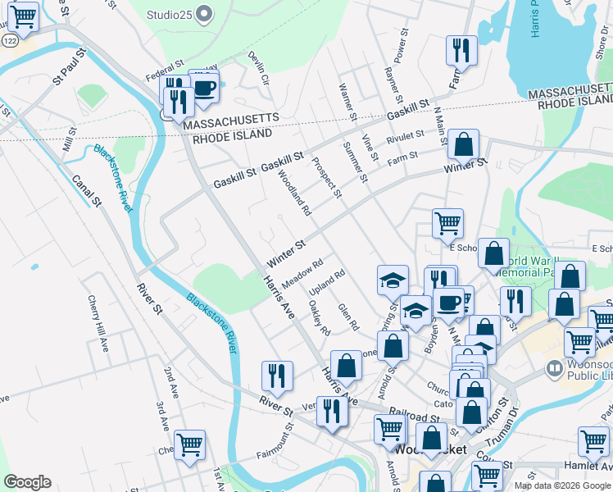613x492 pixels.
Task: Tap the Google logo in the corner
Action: click(27, 482)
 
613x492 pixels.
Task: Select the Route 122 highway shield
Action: click(9, 39)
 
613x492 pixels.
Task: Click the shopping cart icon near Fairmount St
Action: click(189, 444)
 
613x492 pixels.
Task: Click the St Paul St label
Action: click(69, 66)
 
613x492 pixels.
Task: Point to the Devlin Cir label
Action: click(259, 68)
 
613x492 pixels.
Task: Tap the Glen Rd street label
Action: click(348, 317)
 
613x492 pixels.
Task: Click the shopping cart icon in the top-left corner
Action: click(24, 16)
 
